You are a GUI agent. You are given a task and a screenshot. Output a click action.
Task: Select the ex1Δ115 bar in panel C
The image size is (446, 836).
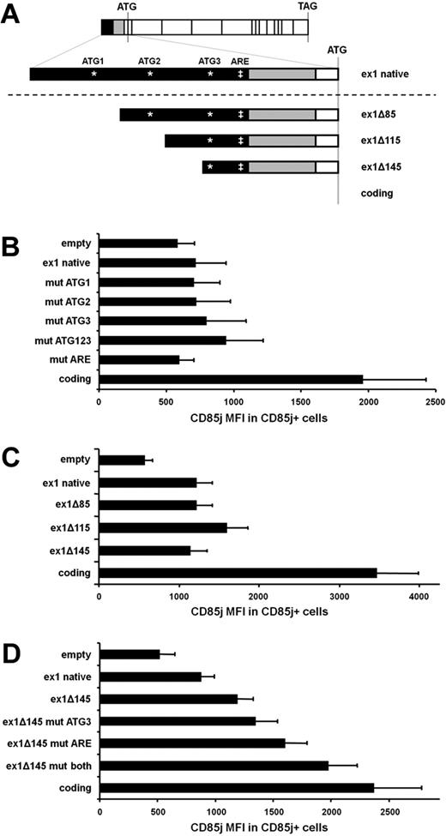pos(163,527)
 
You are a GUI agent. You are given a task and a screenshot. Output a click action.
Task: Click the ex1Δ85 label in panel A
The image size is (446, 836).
pos(382,115)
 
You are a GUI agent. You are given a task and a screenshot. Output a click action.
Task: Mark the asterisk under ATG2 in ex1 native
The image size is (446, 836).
pos(150,75)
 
